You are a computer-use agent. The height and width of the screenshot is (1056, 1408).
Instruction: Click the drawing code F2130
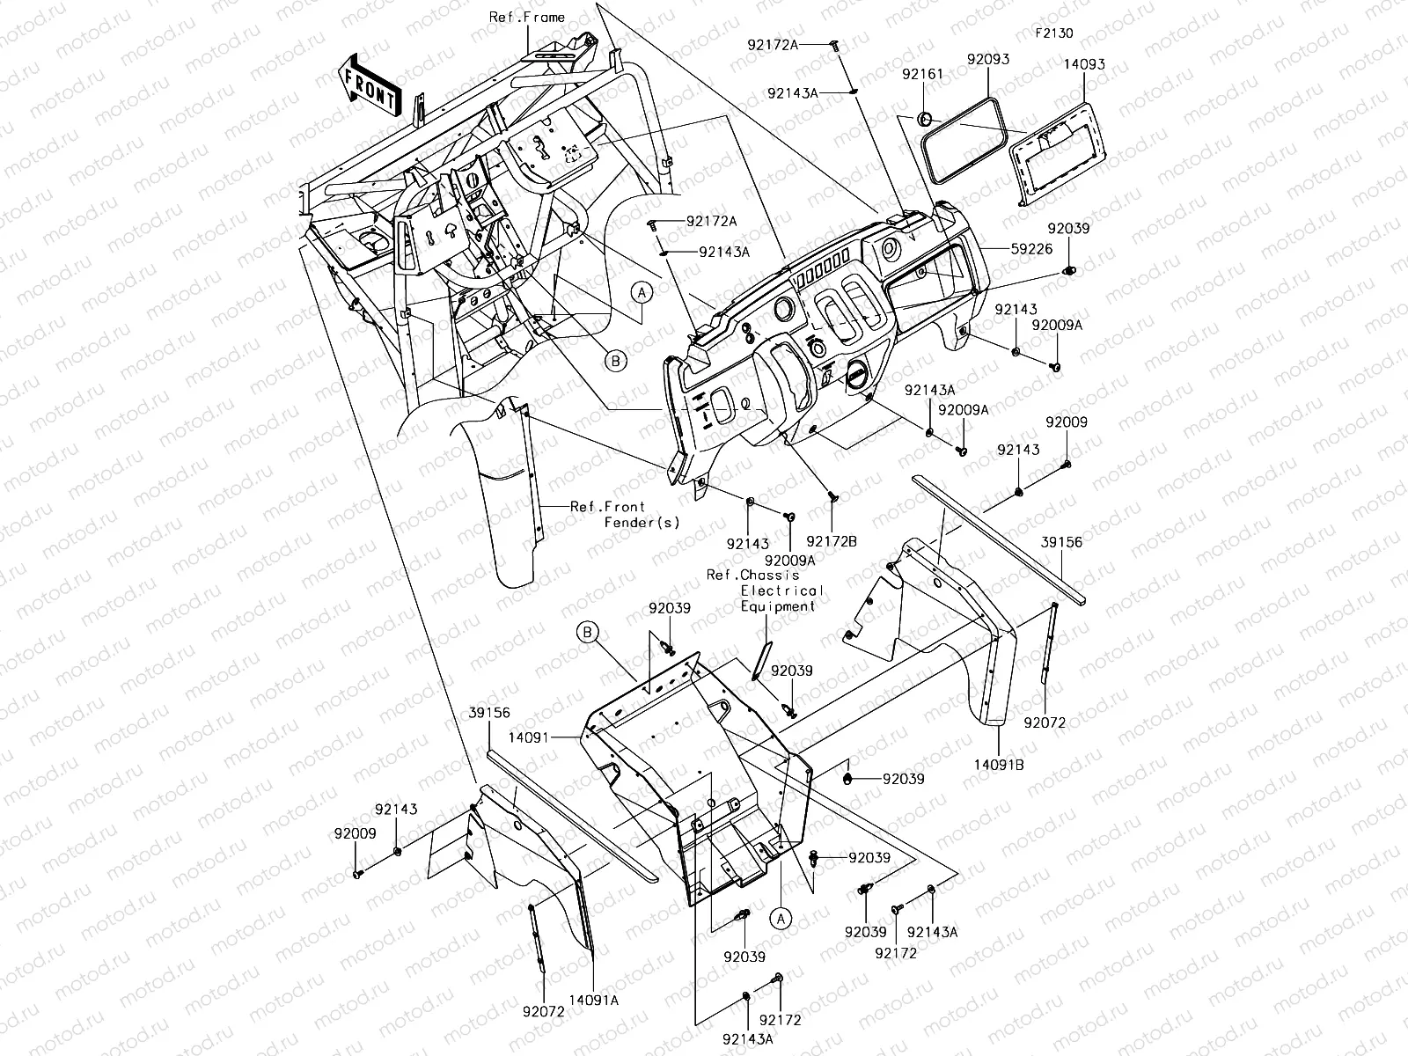(1053, 34)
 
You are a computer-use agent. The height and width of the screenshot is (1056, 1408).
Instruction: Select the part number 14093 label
(1084, 65)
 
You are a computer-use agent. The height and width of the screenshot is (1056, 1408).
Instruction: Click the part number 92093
(987, 60)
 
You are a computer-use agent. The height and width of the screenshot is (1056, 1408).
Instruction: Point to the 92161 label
(921, 75)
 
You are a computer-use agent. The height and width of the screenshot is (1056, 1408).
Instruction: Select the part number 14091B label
(999, 765)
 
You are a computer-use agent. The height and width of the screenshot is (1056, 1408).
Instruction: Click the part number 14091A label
(593, 1000)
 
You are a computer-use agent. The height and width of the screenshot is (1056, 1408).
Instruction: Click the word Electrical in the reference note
(782, 590)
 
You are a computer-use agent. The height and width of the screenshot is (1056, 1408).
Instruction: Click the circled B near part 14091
(588, 632)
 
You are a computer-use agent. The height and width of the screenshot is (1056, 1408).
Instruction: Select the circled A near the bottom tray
(781, 918)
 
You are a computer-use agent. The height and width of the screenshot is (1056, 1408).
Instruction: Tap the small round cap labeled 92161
(925, 118)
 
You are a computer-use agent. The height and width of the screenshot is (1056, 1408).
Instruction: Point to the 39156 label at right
(1062, 543)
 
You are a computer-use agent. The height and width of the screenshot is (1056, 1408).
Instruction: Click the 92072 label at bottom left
(543, 1013)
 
